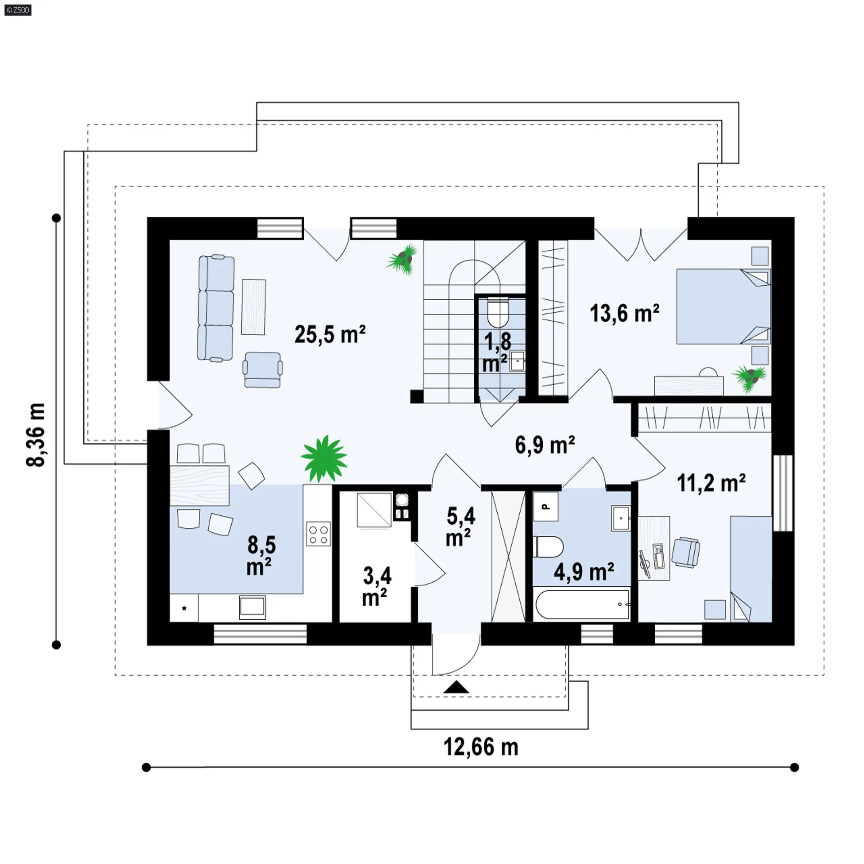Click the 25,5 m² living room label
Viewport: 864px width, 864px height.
[330, 335]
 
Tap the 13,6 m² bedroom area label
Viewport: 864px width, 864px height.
[625, 313]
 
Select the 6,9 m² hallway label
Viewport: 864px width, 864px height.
[545, 445]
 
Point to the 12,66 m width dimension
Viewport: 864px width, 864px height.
[481, 747]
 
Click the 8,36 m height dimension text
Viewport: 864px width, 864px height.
[36, 435]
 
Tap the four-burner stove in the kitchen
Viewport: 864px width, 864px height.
[318, 534]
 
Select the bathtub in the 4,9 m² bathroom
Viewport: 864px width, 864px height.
[582, 604]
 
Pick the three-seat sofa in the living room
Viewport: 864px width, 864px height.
[216, 308]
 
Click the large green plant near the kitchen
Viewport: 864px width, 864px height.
[324, 459]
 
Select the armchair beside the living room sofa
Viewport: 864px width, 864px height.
[263, 370]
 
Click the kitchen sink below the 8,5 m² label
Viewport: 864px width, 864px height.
[252, 607]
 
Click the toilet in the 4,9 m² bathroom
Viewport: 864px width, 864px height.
[548, 547]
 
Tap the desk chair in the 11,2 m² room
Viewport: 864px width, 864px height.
[685, 552]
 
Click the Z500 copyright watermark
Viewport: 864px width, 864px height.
[18, 10]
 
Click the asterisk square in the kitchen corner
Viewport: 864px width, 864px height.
[184, 608]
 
